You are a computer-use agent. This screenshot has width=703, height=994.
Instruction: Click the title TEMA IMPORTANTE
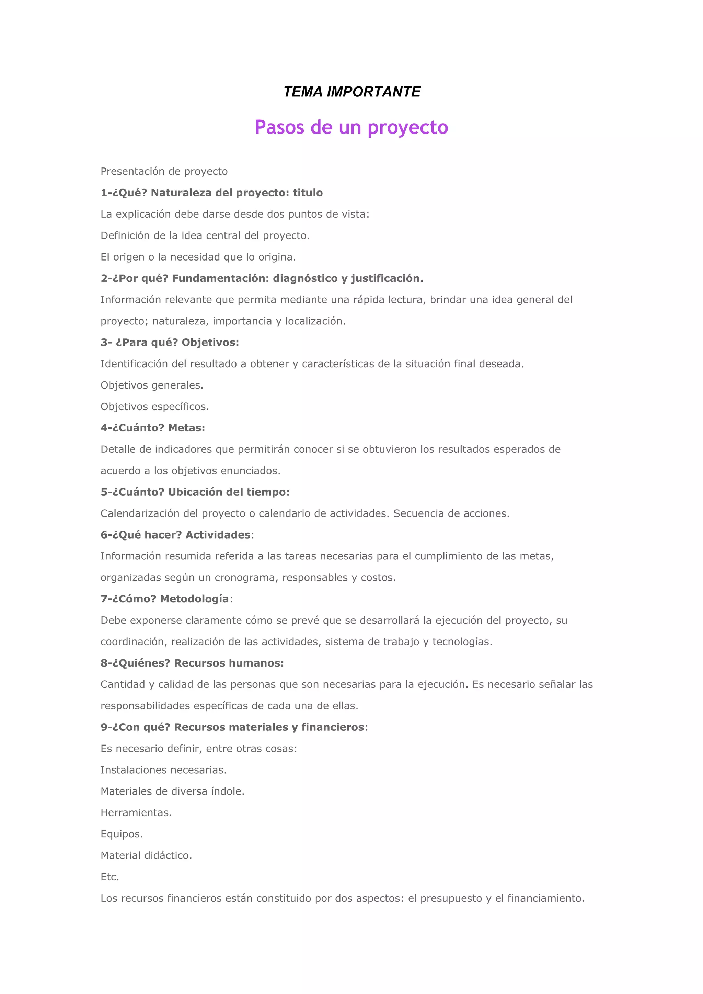point(351,92)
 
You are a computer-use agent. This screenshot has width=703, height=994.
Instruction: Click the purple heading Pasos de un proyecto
point(351,127)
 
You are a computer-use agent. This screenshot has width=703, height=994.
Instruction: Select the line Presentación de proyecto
point(164,171)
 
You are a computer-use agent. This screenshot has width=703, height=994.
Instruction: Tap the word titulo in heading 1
point(308,193)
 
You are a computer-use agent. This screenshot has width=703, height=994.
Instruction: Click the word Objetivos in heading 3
point(210,343)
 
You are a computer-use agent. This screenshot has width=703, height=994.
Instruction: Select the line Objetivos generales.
point(152,385)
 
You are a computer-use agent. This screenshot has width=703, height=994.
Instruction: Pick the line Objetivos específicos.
point(154,406)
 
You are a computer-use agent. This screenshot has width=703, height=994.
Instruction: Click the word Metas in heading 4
point(186,428)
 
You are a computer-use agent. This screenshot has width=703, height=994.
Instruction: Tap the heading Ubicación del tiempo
point(229,492)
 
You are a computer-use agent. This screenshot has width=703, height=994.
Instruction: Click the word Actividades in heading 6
point(218,535)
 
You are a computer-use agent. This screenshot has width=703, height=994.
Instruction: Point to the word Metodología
point(194,599)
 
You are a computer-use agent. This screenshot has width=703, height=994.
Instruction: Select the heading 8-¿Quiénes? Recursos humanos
point(192,663)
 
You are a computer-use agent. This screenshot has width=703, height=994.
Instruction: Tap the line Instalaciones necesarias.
point(164,770)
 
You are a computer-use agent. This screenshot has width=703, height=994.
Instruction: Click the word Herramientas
point(136,813)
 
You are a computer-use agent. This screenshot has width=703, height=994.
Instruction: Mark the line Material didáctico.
point(146,855)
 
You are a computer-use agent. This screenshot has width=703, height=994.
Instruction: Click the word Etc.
point(110,877)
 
